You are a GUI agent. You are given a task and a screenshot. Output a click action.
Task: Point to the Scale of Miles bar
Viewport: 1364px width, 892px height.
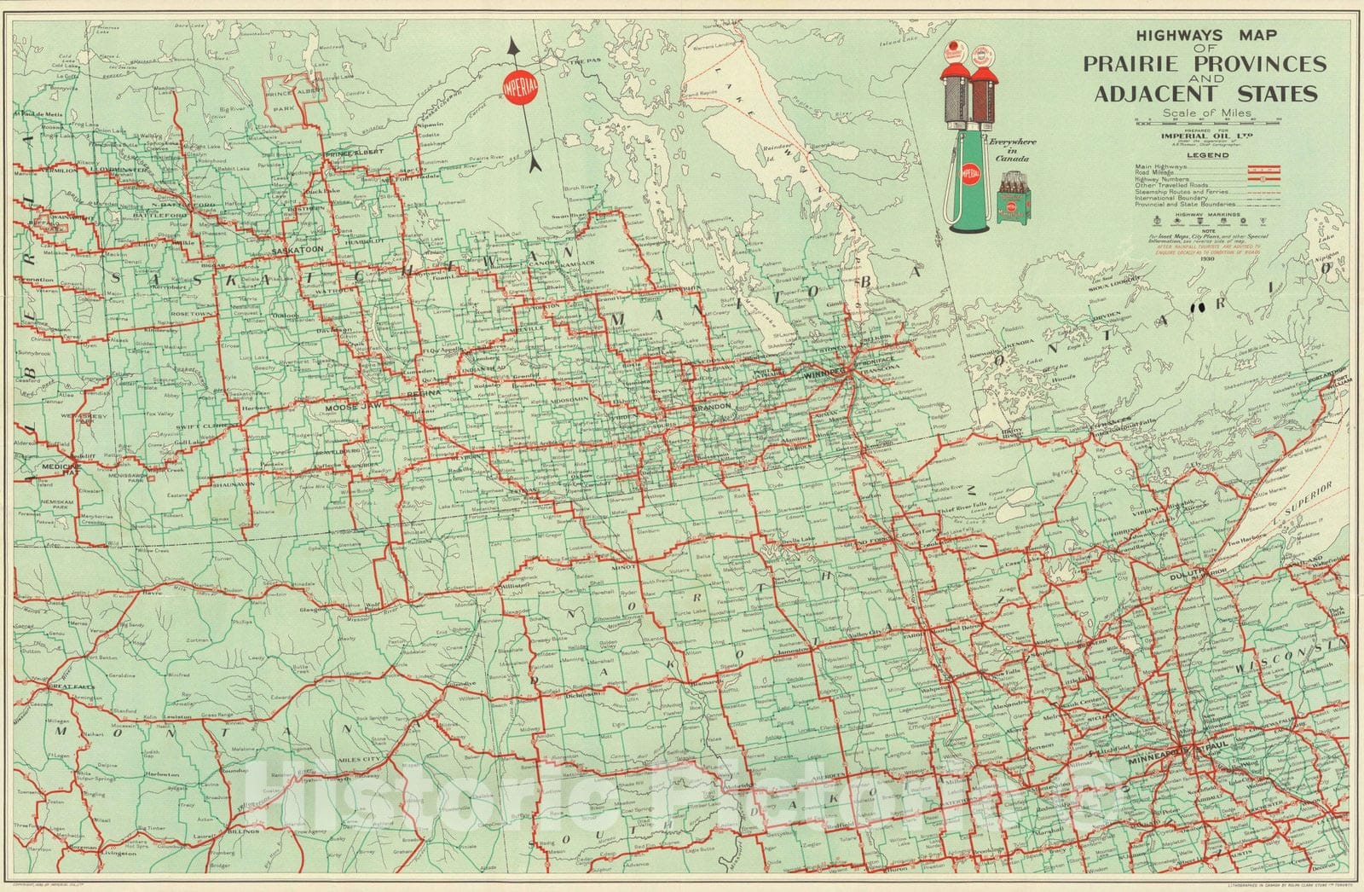click(x=1209, y=125)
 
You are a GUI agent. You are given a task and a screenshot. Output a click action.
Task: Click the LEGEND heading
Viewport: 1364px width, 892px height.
click(x=1209, y=155)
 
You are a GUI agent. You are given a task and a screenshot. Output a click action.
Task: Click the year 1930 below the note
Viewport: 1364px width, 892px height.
click(x=1208, y=259)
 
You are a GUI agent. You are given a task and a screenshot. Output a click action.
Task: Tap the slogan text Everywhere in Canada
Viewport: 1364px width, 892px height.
click(x=1011, y=150)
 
